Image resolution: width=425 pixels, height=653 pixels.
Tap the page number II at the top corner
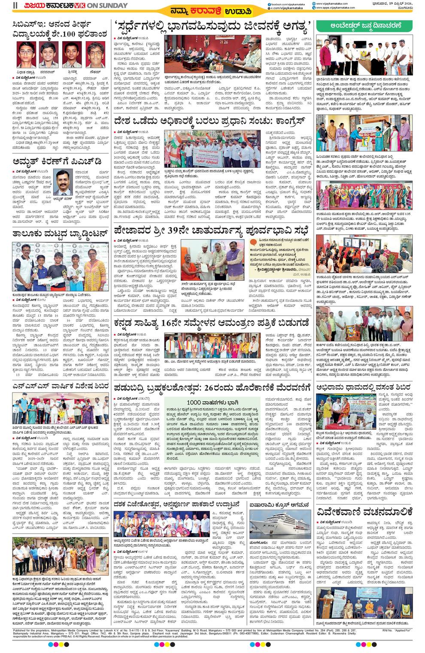(15, 6)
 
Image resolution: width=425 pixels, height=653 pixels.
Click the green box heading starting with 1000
(212, 402)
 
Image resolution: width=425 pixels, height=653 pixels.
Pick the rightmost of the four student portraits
(95, 55)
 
